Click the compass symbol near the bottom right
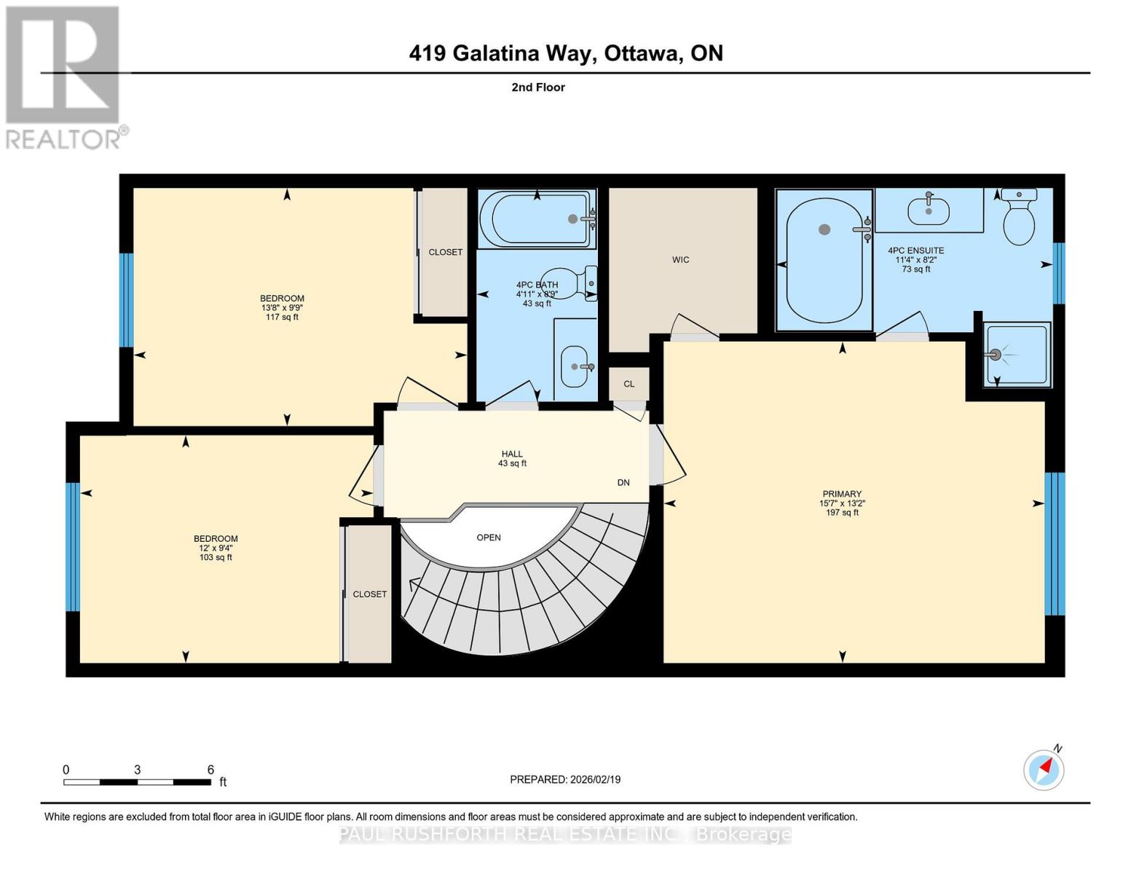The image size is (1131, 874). tap(1044, 770)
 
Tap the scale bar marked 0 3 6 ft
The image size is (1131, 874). tap(137, 782)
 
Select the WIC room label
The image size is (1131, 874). tap(680, 260)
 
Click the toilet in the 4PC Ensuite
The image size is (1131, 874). tap(1019, 218)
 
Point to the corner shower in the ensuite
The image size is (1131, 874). tap(1017, 354)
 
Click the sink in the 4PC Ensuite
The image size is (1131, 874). tap(929, 210)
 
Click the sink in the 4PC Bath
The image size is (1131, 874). tap(575, 366)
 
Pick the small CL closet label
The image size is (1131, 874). tap(628, 384)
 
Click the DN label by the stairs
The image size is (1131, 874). tap(623, 483)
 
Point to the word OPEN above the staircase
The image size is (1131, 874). tap(489, 538)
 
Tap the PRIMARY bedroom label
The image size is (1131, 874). tap(842, 494)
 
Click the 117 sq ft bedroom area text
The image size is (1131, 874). tap(282, 318)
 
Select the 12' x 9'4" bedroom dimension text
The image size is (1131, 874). tap(216, 548)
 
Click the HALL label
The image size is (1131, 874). tap(512, 454)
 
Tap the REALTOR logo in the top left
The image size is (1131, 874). tap(63, 77)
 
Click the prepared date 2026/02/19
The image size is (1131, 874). tap(564, 779)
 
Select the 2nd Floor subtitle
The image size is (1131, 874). tap(538, 87)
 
